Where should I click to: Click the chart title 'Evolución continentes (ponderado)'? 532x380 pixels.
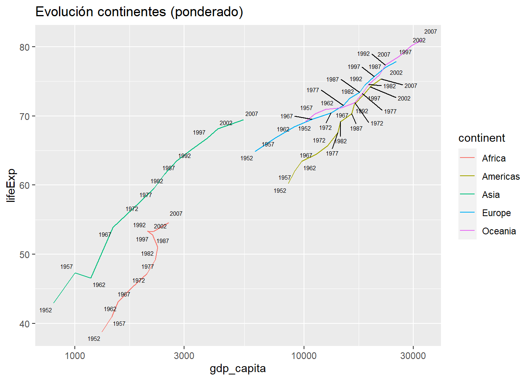139,12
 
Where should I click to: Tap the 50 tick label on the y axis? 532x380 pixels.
25,255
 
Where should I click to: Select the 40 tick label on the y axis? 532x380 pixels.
25,324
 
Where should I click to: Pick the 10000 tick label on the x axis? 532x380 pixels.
304,356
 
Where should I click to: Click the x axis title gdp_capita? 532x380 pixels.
237,369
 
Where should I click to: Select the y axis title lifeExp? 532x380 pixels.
11,185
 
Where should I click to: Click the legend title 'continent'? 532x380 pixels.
482,138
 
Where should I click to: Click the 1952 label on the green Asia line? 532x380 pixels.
46,310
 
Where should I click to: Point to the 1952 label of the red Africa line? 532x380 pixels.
94,339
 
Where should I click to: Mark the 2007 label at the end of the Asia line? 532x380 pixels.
251,114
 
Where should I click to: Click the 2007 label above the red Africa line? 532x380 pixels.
176,214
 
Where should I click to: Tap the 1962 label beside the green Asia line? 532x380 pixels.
99,285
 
